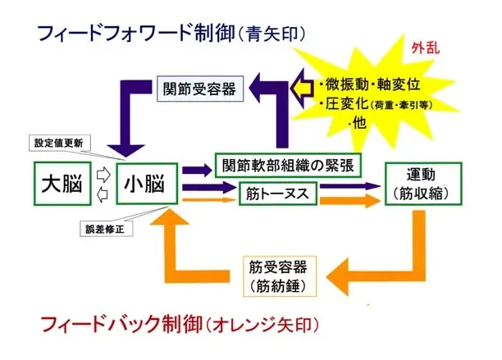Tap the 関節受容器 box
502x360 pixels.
tap(199, 89)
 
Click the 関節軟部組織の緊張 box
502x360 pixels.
tap(286, 163)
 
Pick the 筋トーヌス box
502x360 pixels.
tap(276, 194)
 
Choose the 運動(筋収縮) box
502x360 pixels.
tap(420, 185)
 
